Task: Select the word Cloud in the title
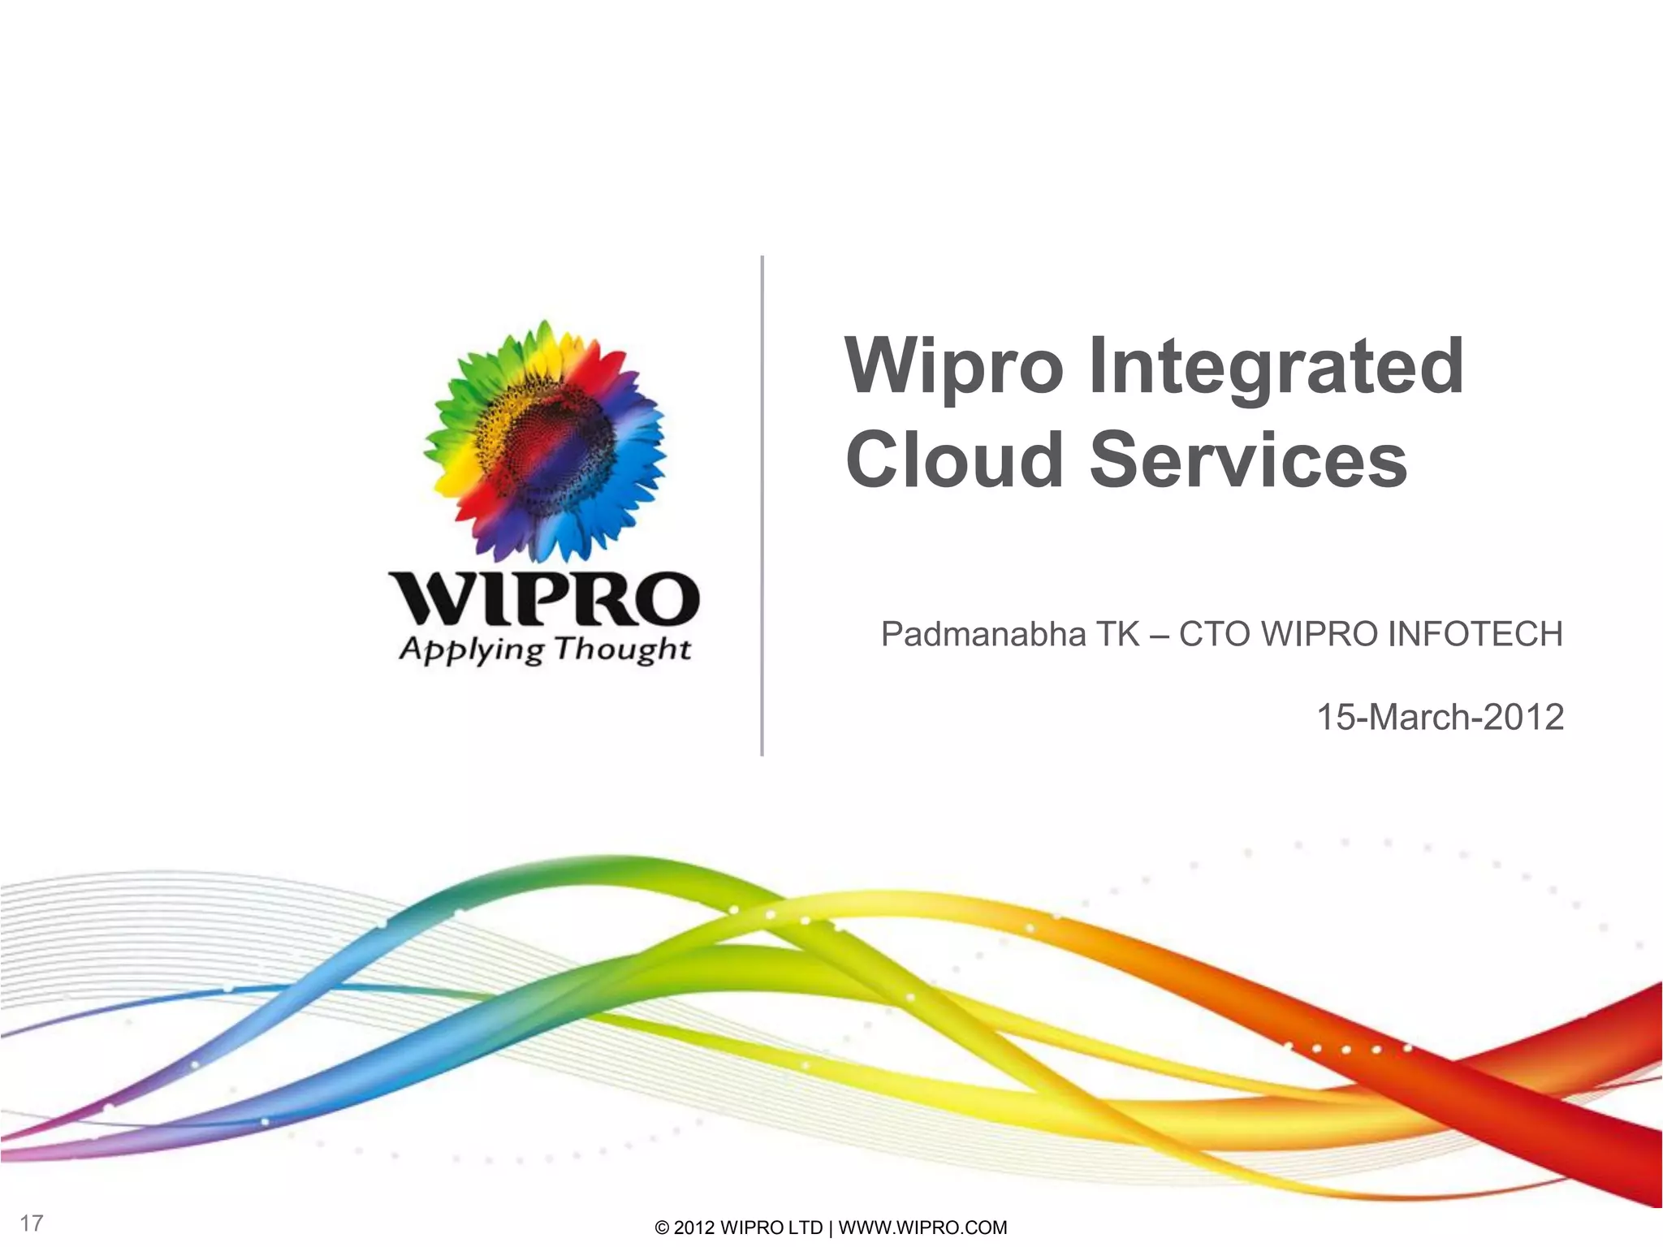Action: (954, 460)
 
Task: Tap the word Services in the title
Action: (1248, 460)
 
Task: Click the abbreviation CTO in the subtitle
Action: (1215, 634)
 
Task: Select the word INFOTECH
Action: (1475, 634)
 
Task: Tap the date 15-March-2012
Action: (1439, 718)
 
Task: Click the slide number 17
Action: (32, 1223)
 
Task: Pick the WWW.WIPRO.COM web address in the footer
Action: (922, 1228)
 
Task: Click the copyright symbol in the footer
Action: (662, 1228)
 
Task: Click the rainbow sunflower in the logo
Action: (544, 441)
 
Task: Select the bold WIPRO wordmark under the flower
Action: (544, 599)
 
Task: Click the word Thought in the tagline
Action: (623, 649)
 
